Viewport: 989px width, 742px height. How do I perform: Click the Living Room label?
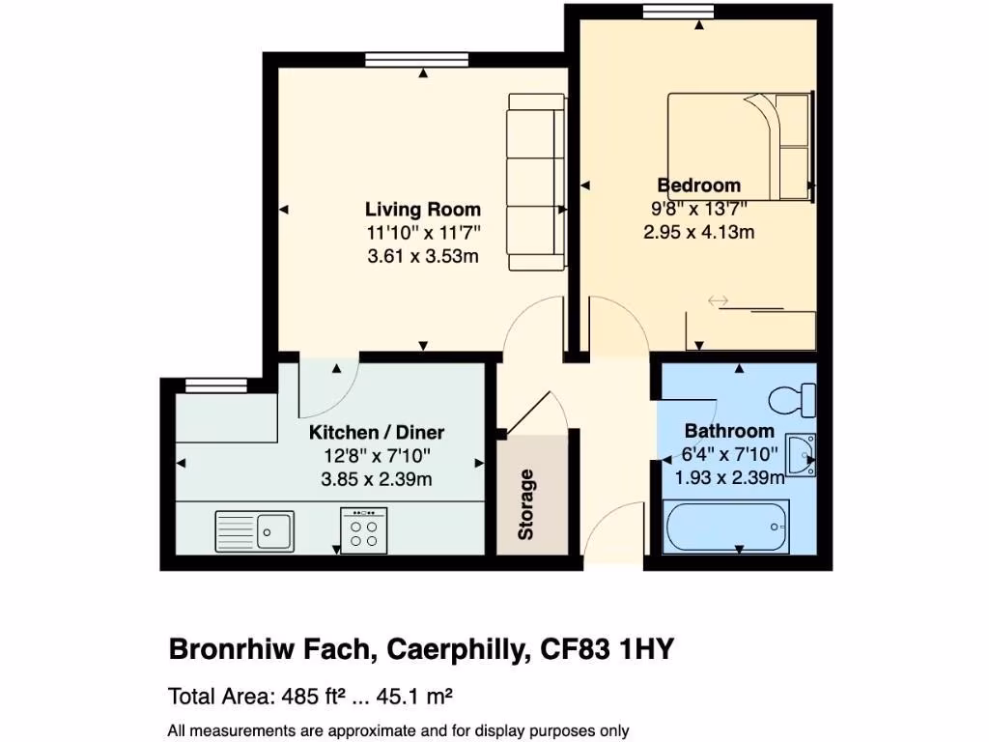422,209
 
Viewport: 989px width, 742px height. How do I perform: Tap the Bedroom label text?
698,185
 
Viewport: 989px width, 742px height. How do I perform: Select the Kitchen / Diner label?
377,432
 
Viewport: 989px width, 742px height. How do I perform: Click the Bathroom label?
729,431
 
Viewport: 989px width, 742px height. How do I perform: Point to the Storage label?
526,504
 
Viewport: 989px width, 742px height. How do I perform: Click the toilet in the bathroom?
794,399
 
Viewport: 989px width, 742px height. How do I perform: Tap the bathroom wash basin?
801,455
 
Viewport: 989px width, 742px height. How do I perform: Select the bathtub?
727,527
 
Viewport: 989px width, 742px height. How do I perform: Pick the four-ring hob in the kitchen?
364,530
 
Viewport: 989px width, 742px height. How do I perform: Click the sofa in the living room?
535,182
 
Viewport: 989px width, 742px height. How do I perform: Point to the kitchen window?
211,385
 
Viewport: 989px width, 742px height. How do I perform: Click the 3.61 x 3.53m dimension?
422,257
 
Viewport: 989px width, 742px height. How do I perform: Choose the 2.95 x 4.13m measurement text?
698,232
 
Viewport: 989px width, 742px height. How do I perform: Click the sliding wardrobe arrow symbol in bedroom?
718,301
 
